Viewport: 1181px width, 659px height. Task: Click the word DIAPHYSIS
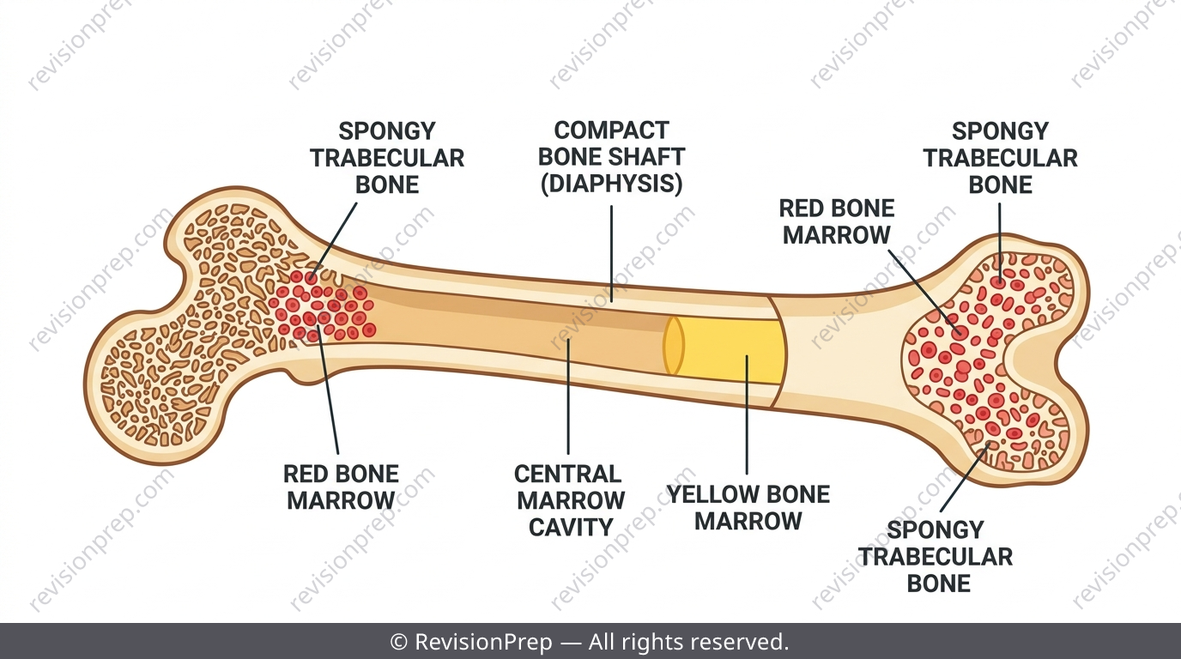[x=612, y=184]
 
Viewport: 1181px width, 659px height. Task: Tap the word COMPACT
[x=612, y=130]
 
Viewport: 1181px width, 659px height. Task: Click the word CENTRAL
[x=568, y=474]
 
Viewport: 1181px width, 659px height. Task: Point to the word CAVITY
[x=571, y=527]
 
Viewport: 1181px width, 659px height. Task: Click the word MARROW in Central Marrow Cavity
[x=571, y=500]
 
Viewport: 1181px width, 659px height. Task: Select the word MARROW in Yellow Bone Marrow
[x=748, y=521]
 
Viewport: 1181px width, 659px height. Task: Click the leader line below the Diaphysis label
[x=612, y=254]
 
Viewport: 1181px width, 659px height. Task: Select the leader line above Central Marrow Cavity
[x=568, y=396]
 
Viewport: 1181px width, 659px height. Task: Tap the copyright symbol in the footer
[x=399, y=642]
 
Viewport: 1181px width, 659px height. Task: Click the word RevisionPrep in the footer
[x=483, y=642]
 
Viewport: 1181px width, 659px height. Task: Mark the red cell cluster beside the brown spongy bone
[x=323, y=311]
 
